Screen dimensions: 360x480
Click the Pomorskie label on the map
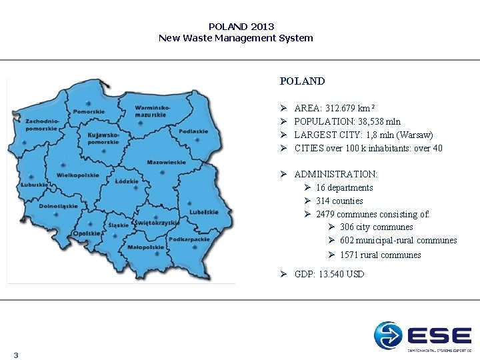tap(89, 111)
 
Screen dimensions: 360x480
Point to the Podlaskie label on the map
tap(193, 131)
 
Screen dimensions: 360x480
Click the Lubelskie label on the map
tap(203, 212)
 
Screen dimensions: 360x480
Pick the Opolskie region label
tap(87, 233)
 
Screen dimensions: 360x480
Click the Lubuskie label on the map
tap(33, 184)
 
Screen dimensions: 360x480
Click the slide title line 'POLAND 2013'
tap(241, 27)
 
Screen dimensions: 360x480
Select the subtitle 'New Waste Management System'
tap(235, 38)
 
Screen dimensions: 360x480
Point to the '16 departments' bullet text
tap(344, 187)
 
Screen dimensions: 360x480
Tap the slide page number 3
tap(15, 355)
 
